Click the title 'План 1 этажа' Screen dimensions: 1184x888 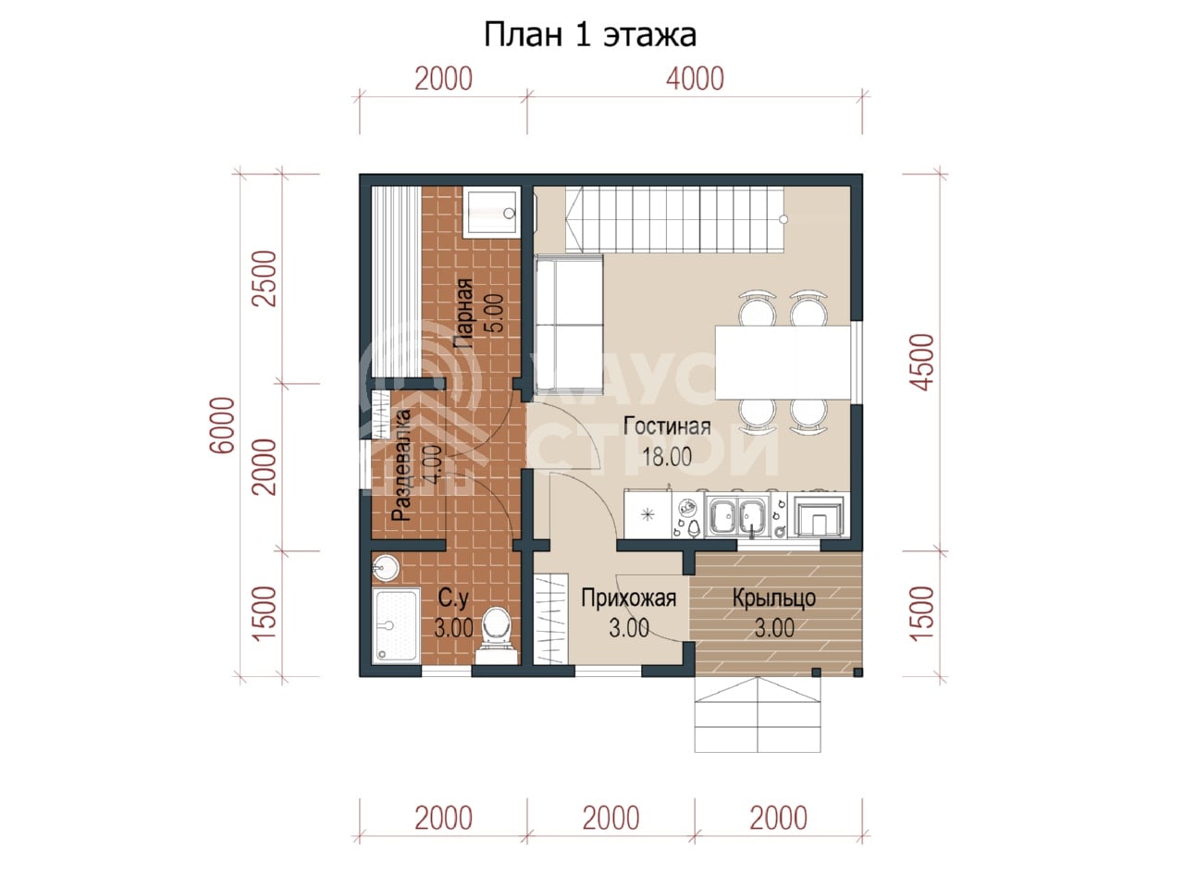pyautogui.click(x=589, y=35)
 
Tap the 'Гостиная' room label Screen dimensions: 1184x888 pyautogui.click(x=667, y=426)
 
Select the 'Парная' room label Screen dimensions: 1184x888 pyautogui.click(x=463, y=314)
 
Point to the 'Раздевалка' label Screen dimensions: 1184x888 pyautogui.click(x=401, y=466)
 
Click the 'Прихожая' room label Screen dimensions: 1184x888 pyautogui.click(x=628, y=598)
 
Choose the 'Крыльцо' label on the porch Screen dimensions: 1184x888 pyautogui.click(x=774, y=598)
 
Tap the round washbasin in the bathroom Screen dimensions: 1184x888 pyautogui.click(x=385, y=568)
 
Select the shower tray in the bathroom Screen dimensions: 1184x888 pyautogui.click(x=396, y=626)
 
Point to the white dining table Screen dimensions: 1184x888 pyautogui.click(x=783, y=362)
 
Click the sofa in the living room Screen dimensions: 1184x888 pyautogui.click(x=568, y=324)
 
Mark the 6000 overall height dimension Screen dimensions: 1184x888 pyautogui.click(x=222, y=425)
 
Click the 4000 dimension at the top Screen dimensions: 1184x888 pyautogui.click(x=695, y=79)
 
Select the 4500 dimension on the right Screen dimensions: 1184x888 pyautogui.click(x=921, y=362)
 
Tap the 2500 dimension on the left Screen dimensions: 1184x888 pyautogui.click(x=265, y=278)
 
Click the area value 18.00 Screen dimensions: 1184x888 pyautogui.click(x=667, y=457)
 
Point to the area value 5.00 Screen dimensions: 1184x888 pyautogui.click(x=495, y=314)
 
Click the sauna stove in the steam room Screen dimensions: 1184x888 pyautogui.click(x=491, y=213)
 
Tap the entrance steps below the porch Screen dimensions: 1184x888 pyautogui.click(x=758, y=714)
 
